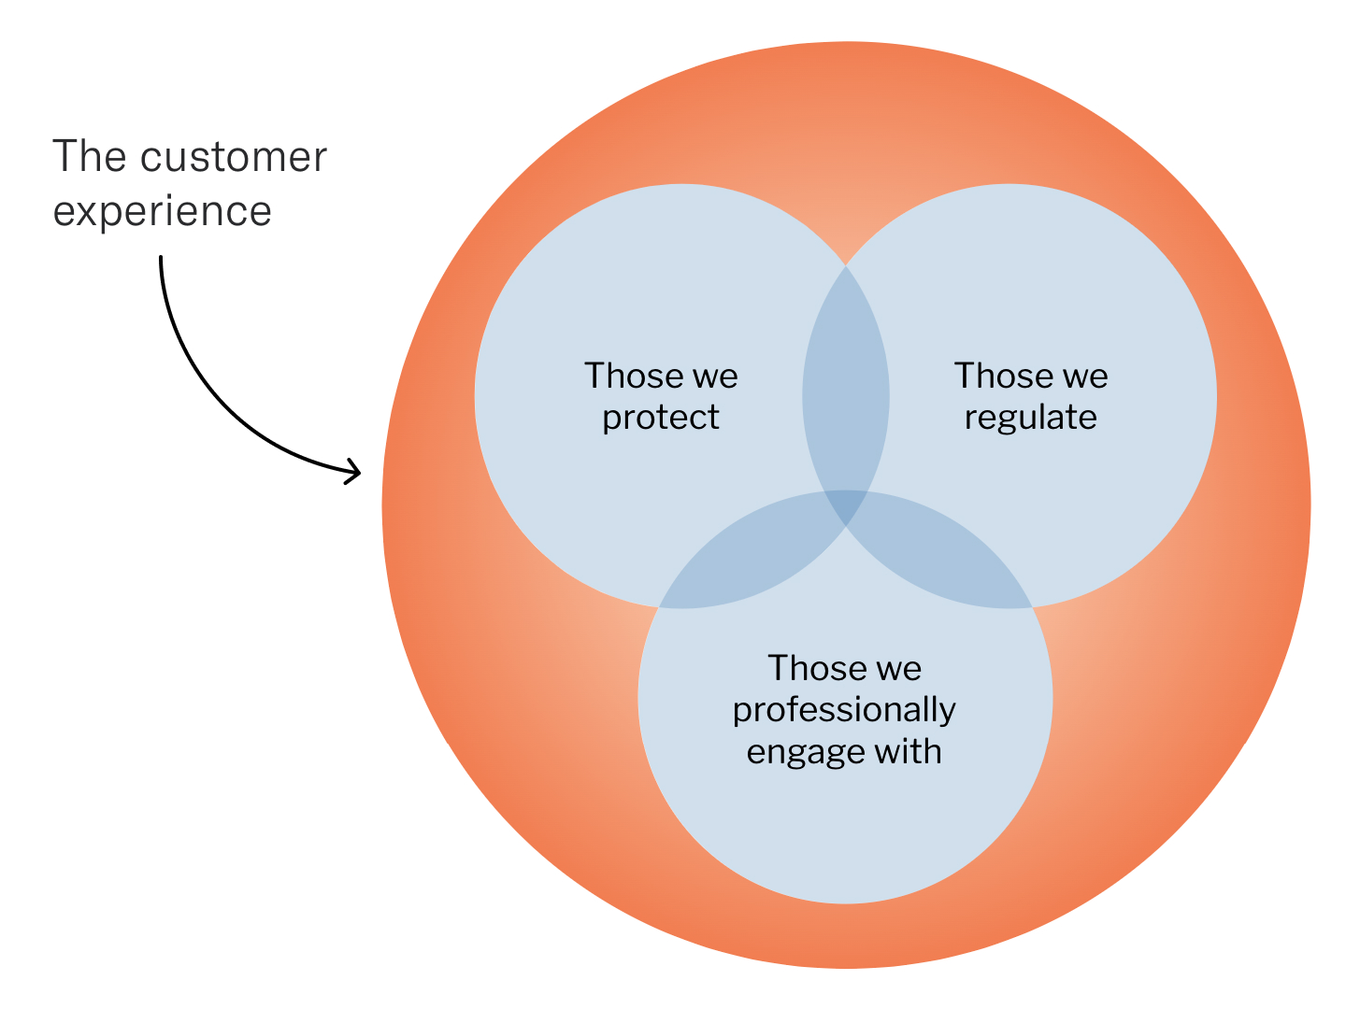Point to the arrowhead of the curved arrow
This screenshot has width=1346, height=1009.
pos(360,473)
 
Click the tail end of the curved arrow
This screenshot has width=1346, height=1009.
pos(161,257)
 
